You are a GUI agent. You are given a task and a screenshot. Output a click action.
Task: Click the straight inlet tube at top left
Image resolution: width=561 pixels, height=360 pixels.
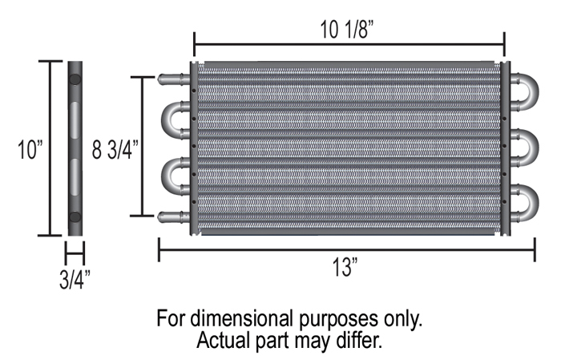[x=171, y=79]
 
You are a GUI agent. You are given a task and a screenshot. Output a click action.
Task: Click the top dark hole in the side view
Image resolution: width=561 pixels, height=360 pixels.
[x=75, y=81]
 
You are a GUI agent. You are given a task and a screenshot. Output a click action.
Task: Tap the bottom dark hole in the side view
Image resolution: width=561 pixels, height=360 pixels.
[x=75, y=217]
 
